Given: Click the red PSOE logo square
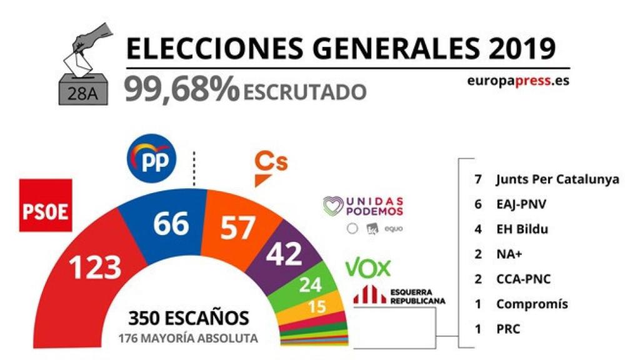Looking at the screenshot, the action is [46, 205].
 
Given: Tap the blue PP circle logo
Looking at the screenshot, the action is [151, 158].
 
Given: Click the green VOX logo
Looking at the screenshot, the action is [367, 268].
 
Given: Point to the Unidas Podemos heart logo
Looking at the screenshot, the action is [334, 206].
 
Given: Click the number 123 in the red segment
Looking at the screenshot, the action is [95, 267].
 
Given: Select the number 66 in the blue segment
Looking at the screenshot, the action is [171, 224].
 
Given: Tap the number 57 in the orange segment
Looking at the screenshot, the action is [238, 227].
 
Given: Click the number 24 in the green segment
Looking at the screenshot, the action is [311, 285].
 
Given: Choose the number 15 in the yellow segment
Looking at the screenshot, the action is [317, 306].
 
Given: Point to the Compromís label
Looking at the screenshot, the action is [532, 304].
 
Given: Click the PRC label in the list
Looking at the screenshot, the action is [508, 329].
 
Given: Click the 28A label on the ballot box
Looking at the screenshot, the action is [83, 94].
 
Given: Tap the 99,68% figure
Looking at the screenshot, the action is [182, 89].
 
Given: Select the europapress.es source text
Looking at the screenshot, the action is [518, 81].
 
